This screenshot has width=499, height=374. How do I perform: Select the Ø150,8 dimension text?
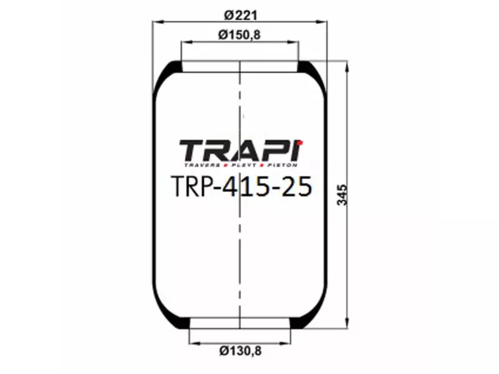click(x=240, y=35)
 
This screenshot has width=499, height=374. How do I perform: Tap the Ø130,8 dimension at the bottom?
click(x=240, y=351)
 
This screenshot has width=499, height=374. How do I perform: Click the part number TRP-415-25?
click(x=240, y=186)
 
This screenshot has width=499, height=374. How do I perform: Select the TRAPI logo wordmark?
click(x=239, y=151)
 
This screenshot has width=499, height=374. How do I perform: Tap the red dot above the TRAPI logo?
click(x=299, y=143)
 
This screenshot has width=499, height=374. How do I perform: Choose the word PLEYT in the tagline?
click(x=243, y=166)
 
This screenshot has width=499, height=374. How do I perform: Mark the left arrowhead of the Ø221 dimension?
click(x=157, y=22)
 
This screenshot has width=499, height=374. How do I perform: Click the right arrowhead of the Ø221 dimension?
click(x=323, y=22)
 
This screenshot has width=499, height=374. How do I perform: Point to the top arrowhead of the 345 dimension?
click(x=346, y=65)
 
